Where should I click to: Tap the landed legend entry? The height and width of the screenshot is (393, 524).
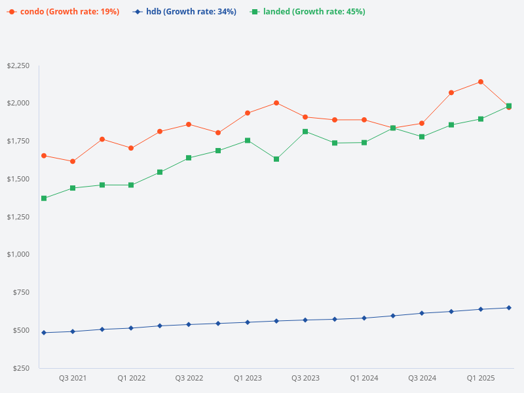pos(308,12)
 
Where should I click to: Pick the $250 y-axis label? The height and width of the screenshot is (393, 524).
pos(22,368)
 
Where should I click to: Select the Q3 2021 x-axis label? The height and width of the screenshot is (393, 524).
pos(73,379)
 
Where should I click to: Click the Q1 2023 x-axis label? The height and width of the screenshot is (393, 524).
pos(248,379)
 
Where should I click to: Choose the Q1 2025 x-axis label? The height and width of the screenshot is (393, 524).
pos(480,379)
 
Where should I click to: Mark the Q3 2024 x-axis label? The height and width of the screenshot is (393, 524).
pos(422,379)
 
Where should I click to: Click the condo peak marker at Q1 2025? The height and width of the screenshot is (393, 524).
pos(480,82)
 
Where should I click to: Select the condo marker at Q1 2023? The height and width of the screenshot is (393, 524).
pos(248,113)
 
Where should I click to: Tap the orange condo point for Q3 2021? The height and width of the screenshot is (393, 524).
pos(73,161)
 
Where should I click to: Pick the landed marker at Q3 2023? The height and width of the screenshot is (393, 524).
pos(305,132)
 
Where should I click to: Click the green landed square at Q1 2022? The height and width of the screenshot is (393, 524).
pos(131,185)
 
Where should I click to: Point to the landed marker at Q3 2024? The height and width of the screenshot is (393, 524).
pos(422,137)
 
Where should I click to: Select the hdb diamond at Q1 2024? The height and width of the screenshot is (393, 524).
pos(364,318)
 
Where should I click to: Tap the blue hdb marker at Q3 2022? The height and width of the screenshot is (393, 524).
pos(189,324)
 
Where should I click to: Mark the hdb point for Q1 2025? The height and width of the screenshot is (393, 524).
pos(480,309)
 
